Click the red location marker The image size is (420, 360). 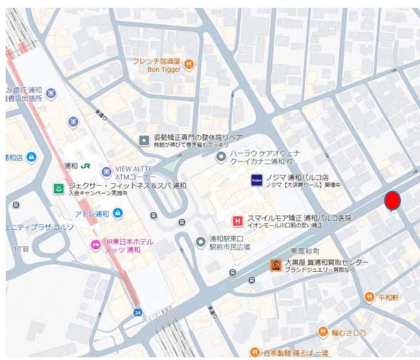coord(392,201)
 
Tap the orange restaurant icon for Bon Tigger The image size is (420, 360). coord(190,65)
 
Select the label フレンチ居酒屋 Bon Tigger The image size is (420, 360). coord(156,65)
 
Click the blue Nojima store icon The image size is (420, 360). coord(256,180)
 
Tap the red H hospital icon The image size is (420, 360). coord(238,221)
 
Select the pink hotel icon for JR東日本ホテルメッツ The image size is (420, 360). coord(96,244)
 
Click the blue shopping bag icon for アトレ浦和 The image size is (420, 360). coord(118,213)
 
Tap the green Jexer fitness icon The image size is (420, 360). coord(58,189)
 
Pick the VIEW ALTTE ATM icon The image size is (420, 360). coord(107,171)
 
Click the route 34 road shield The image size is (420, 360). coord(137,312)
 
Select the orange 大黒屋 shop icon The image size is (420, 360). coord(275,265)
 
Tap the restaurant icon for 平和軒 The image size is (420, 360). coord(369,297)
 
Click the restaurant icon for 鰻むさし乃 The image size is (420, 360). coord(323,332)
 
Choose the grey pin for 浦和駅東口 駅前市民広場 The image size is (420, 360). coord(201,242)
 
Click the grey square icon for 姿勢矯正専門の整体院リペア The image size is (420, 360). coord(144,140)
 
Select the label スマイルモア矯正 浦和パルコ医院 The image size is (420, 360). coord(299,218)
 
